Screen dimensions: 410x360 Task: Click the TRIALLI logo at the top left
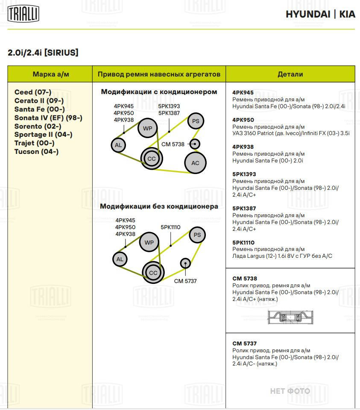[x=23, y=14]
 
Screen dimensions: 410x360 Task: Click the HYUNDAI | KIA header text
[x=320, y=14]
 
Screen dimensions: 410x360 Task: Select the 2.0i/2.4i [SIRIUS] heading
[x=43, y=53]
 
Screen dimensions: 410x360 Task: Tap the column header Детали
[x=290, y=74]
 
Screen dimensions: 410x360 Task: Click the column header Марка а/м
[x=51, y=74]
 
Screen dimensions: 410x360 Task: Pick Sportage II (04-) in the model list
[x=43, y=135]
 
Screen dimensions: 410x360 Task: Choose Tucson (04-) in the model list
[x=36, y=151]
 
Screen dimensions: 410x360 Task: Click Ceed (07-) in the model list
[x=33, y=92]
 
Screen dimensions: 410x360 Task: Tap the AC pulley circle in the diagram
[x=195, y=163]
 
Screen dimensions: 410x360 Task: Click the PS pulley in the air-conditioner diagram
[x=196, y=121]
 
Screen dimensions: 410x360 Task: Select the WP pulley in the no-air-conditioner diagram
[x=149, y=243]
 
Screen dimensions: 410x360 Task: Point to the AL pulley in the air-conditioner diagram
[x=118, y=145]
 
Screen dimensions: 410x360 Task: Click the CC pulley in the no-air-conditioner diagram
[x=153, y=273]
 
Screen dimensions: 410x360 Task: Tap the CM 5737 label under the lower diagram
[x=185, y=281]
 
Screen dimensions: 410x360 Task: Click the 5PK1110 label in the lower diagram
[x=170, y=227]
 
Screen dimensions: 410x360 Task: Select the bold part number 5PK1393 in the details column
[x=244, y=174]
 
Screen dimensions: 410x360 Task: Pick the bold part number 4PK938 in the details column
[x=243, y=147]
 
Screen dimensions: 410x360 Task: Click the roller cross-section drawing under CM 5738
[x=290, y=317]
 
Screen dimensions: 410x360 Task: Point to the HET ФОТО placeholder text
[x=290, y=391]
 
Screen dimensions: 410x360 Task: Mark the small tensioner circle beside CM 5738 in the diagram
[x=195, y=144]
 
